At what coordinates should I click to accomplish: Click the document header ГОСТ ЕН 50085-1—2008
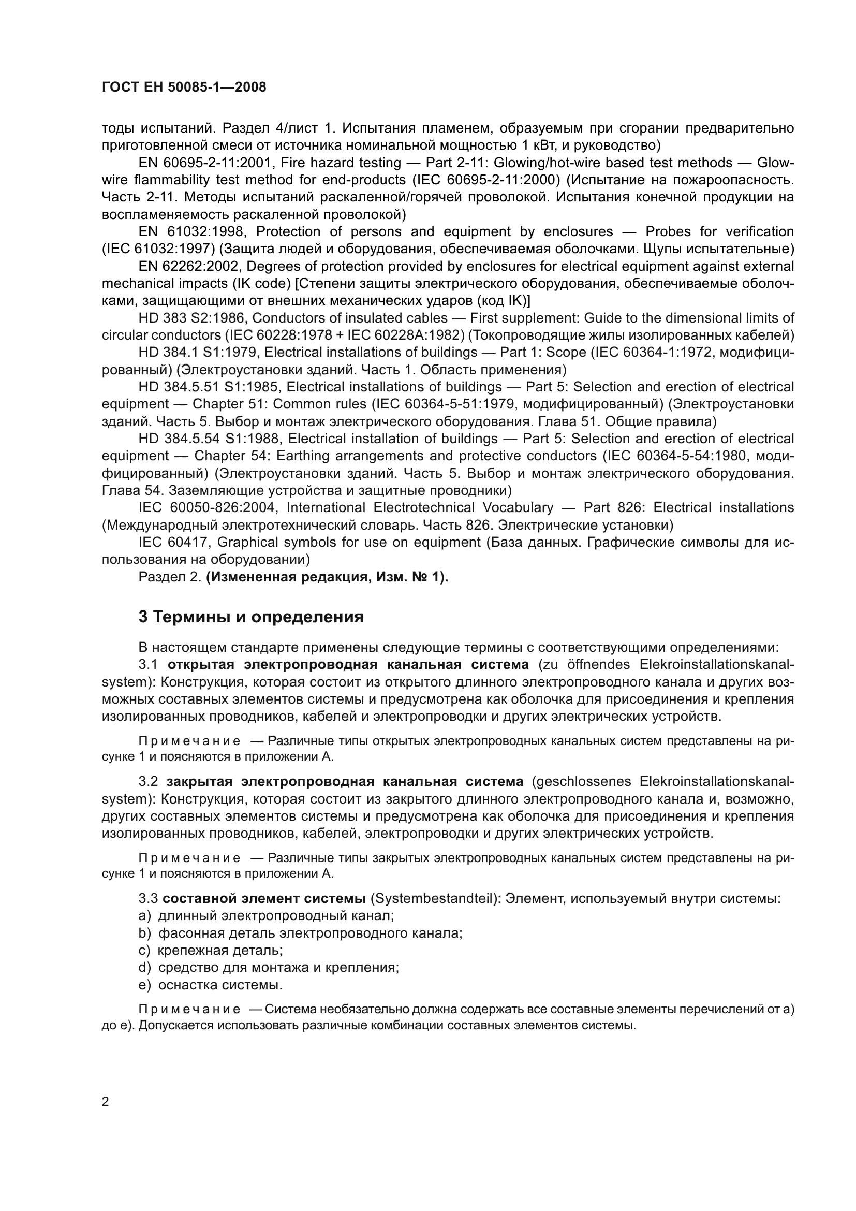coord(184,87)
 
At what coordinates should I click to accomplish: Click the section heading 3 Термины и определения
coord(251,617)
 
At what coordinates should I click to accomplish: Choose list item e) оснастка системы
coord(211,985)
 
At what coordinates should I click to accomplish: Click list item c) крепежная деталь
coord(211,951)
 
